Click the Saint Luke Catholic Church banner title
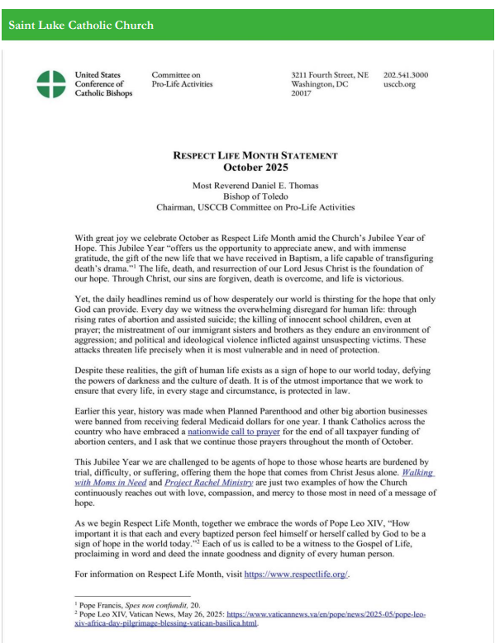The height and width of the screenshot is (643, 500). [81, 26]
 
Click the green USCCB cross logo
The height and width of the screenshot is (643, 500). [51, 83]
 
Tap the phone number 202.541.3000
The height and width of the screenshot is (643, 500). [406, 75]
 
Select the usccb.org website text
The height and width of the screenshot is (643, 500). [400, 84]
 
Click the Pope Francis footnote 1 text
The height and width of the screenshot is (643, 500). [132, 605]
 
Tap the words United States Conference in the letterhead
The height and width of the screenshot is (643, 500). [98, 79]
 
